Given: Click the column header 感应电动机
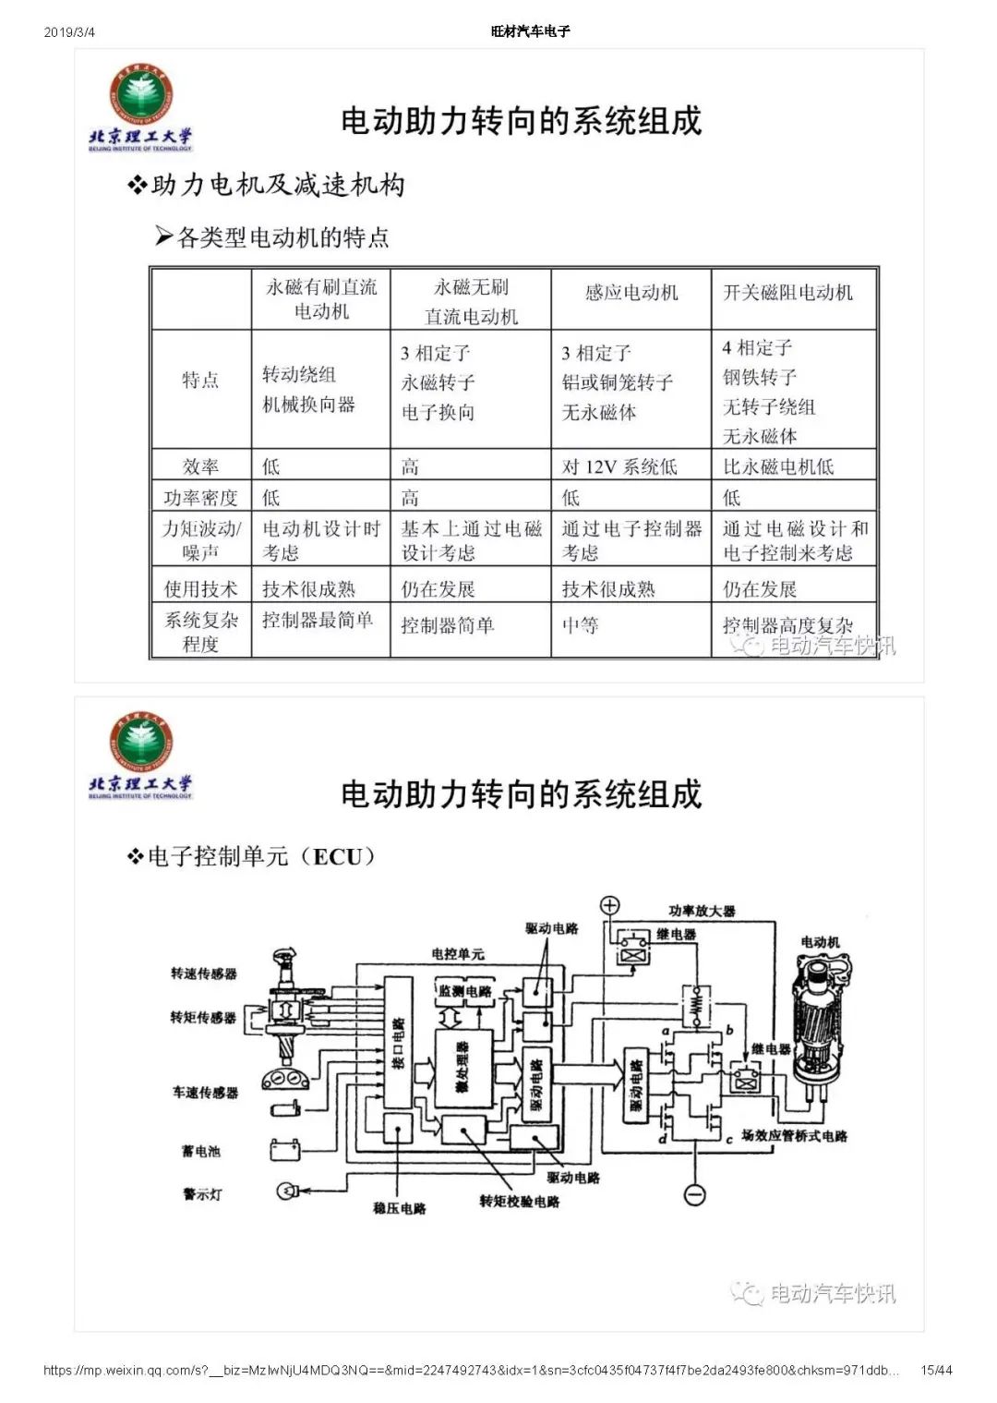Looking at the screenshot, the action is [x=631, y=293].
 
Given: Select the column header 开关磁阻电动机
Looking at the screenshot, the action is [x=787, y=293].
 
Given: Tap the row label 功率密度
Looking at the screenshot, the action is [x=200, y=498].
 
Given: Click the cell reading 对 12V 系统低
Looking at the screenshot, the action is [x=619, y=466].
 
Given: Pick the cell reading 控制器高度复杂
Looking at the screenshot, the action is [x=787, y=625].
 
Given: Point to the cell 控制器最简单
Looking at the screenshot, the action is [x=318, y=620].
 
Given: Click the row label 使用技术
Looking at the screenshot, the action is [x=200, y=588].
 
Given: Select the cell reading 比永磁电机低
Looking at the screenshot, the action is [x=778, y=466].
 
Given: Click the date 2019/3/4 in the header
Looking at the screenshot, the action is [x=69, y=32].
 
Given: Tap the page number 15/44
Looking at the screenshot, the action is [x=936, y=1370].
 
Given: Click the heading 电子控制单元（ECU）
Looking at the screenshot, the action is [x=251, y=856].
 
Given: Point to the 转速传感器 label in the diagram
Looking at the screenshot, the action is [x=203, y=974].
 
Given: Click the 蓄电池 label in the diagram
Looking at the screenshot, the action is [x=201, y=1151].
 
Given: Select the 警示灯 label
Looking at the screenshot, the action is [x=202, y=1194].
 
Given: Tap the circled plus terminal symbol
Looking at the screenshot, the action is [x=610, y=905].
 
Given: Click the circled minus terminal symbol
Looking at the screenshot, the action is [x=694, y=1194].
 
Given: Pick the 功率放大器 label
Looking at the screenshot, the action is [x=702, y=911].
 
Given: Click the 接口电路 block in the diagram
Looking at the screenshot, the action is [x=398, y=1044].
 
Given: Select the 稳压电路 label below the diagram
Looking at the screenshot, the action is [x=400, y=1208].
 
